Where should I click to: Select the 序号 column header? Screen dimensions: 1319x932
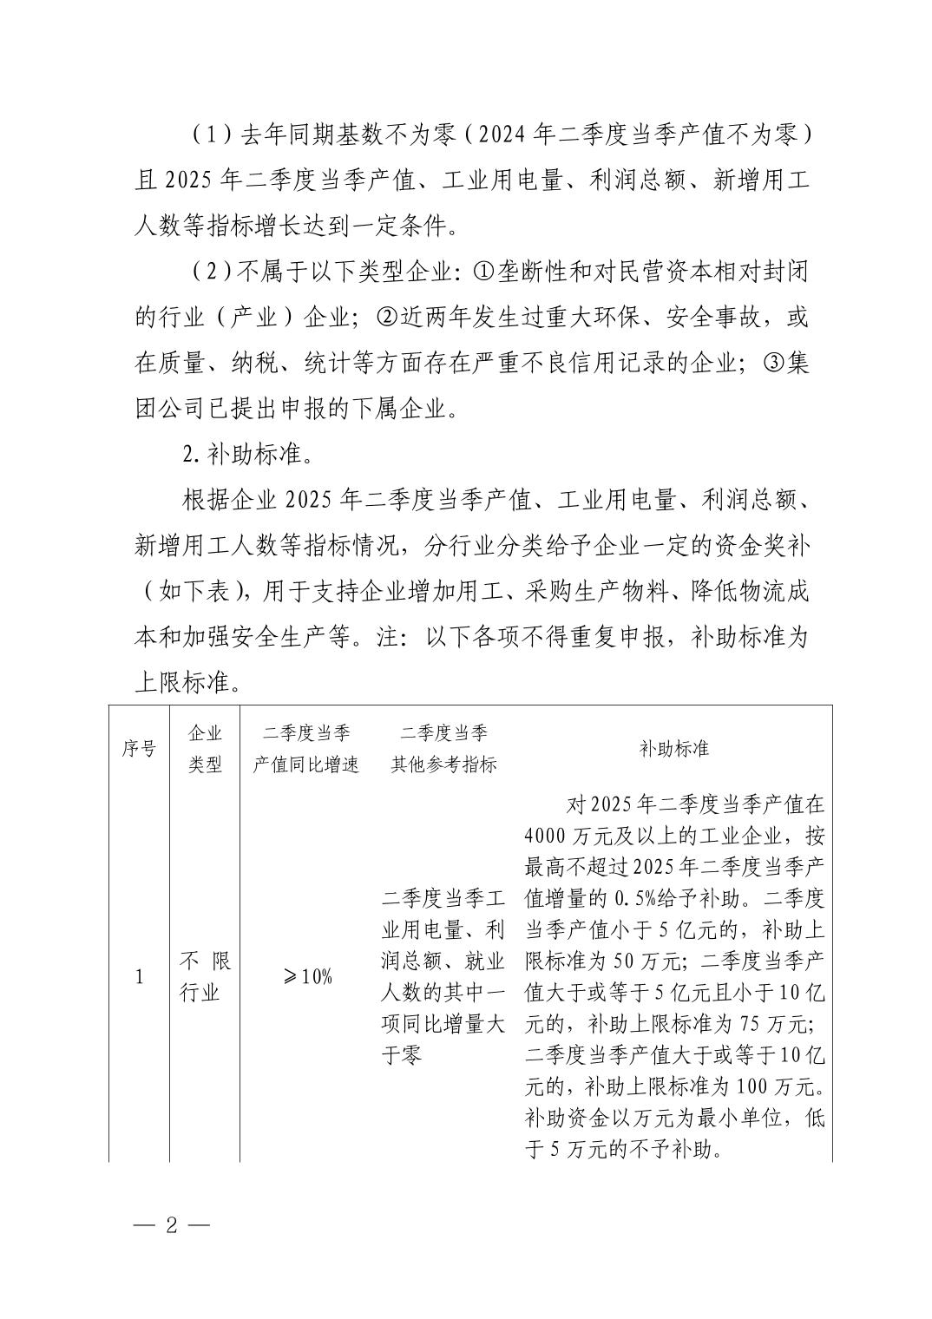(139, 748)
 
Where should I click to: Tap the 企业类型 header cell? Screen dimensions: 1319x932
(205, 748)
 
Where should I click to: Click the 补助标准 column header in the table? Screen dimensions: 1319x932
(674, 748)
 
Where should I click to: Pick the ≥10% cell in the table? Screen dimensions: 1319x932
(306, 976)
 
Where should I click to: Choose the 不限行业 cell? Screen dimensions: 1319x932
(205, 976)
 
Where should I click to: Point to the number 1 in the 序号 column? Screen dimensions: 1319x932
(139, 977)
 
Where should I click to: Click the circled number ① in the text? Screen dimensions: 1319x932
(482, 272)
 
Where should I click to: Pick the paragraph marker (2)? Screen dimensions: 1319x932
(208, 272)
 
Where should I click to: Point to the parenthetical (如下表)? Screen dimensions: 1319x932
(186, 591)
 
